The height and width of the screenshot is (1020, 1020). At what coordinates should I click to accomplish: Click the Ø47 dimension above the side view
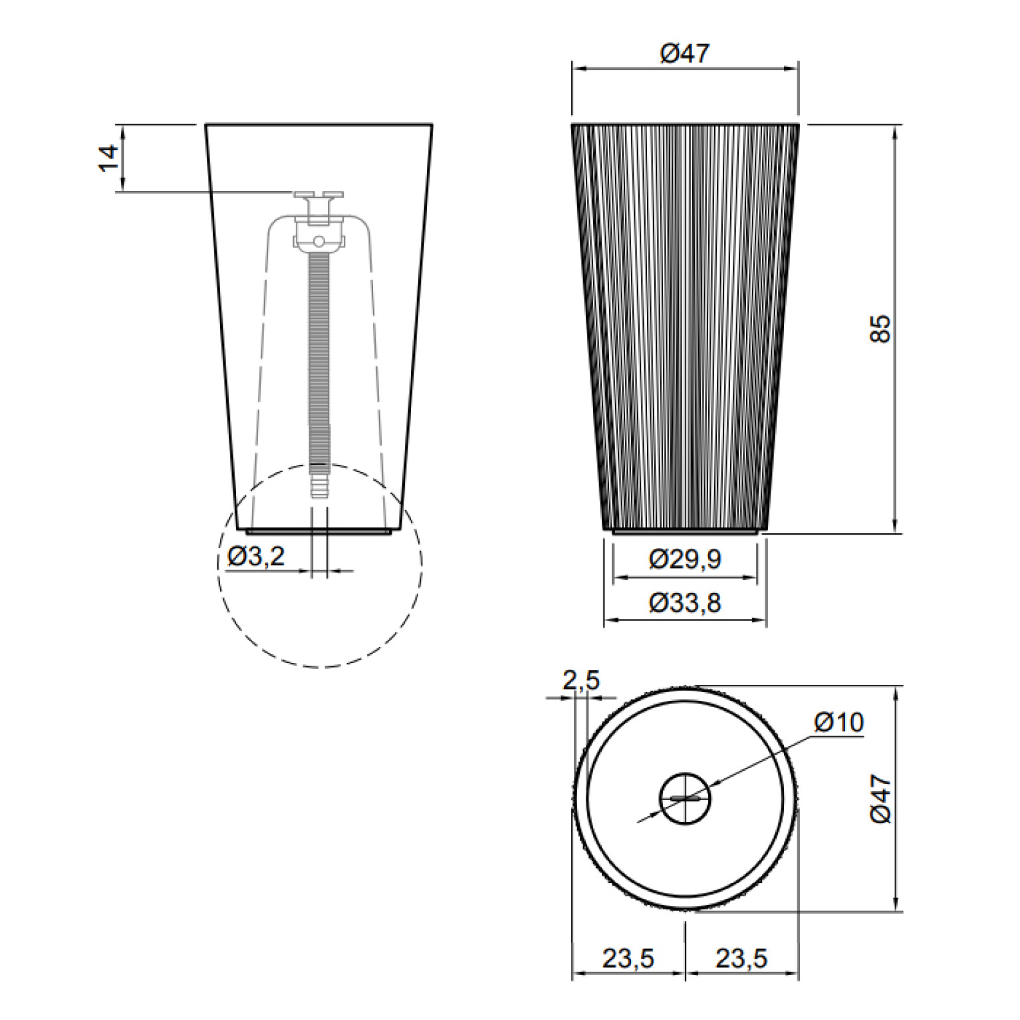(686, 53)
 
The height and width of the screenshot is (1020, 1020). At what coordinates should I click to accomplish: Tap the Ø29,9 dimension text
(685, 561)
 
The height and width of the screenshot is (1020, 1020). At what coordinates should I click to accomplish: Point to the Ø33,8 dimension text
(685, 604)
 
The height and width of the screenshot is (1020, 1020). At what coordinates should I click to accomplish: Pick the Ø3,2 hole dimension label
(256, 557)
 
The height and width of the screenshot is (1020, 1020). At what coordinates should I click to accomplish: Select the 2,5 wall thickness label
(581, 680)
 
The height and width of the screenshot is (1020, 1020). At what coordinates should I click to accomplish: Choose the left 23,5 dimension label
(628, 959)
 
